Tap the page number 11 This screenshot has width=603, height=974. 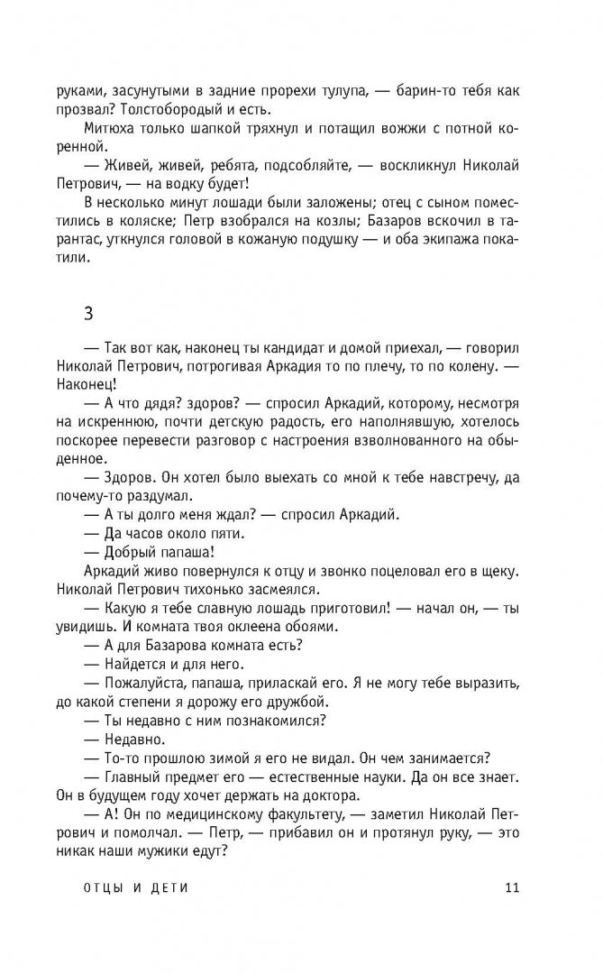[513, 890]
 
